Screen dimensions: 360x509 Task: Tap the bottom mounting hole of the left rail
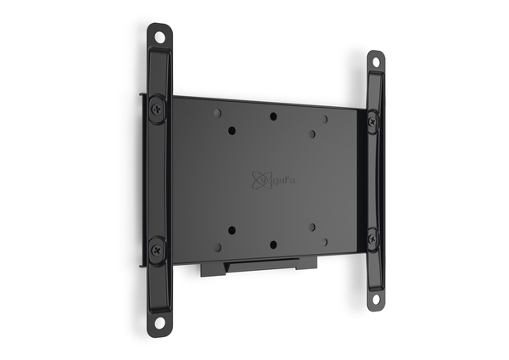[159, 324]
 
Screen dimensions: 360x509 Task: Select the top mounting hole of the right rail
[374, 60]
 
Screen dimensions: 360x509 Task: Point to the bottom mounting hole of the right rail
[374, 299]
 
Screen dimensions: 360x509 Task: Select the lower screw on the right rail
[373, 239]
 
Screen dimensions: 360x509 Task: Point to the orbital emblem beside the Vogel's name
[259, 179]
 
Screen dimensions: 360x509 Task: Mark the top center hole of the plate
[273, 116]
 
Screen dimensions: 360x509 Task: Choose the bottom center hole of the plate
[273, 244]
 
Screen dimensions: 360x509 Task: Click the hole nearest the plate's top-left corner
[217, 112]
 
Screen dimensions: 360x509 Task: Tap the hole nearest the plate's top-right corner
[325, 120]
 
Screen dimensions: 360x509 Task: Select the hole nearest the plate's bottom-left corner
[217, 247]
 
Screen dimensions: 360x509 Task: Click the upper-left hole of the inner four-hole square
[232, 131]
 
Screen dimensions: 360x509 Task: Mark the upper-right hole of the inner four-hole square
[312, 133]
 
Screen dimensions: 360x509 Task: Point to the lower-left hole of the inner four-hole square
[232, 230]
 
